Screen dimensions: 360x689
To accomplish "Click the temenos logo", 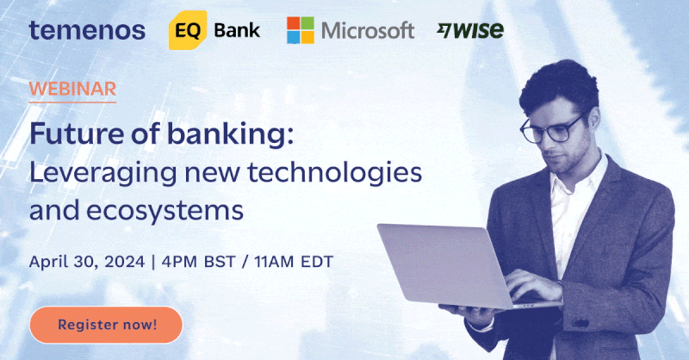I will [87, 30].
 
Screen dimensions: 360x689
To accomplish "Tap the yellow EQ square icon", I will [187, 31].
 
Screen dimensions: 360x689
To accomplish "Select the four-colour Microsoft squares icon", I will [300, 30].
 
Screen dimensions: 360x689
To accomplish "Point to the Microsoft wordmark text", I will [368, 31].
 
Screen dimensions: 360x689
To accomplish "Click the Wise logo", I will [470, 30].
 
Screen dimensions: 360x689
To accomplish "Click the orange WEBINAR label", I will [72, 89].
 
